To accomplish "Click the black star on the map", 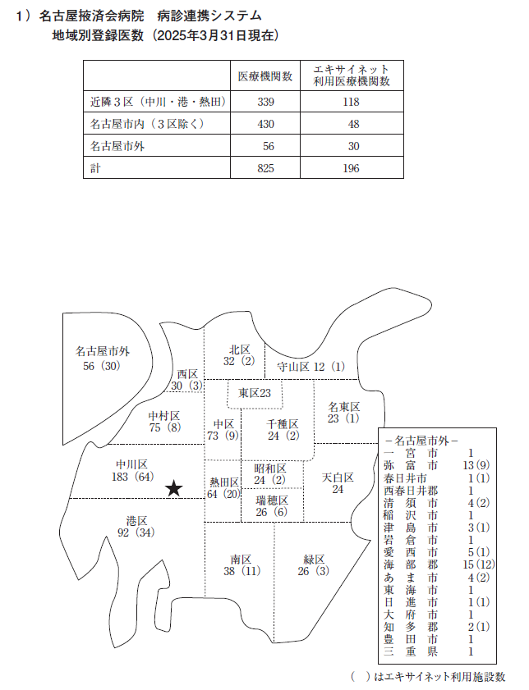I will [173, 489].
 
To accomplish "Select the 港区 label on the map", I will [136, 521].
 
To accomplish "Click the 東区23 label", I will [255, 393].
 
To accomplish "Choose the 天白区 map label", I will [338, 477].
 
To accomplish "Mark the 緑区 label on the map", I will [315, 560].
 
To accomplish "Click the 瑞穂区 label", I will [272, 500].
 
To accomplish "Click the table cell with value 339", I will [264, 102].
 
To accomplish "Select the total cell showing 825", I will [264, 167].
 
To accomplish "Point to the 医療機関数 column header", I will [265, 75].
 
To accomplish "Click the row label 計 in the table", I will [94, 167].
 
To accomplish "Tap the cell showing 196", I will [353, 167].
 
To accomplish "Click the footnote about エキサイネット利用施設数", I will [427, 676].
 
